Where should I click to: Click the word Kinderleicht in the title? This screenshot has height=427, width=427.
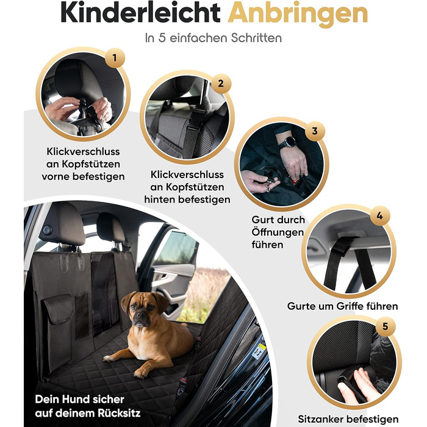[140, 13]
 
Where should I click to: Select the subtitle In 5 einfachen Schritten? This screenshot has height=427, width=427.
[213, 38]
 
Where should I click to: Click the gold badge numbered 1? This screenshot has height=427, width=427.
[115, 58]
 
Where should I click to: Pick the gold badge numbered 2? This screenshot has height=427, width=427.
[221, 84]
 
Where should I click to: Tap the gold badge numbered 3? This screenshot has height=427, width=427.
[315, 131]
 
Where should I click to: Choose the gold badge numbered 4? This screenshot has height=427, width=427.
[379, 216]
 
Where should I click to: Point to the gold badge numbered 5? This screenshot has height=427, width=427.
[385, 326]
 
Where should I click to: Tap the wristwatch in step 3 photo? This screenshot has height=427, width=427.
[289, 142]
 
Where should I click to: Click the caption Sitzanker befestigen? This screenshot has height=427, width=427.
[348, 419]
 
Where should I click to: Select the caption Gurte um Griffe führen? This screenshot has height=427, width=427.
[343, 306]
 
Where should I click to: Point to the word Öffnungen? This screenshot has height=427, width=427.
[278, 232]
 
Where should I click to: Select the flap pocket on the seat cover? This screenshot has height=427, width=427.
[59, 309]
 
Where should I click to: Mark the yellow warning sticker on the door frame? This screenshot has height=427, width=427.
[262, 347]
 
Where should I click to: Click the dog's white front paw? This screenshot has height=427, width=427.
[109, 359]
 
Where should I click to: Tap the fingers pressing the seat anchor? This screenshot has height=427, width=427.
[357, 386]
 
